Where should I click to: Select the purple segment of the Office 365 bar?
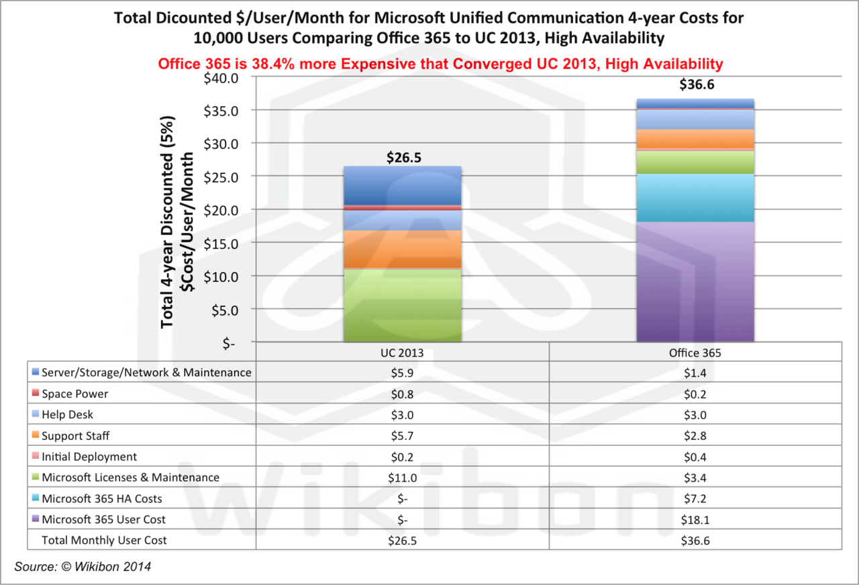pyautogui.click(x=695, y=281)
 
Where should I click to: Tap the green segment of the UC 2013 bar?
pyautogui.click(x=402, y=306)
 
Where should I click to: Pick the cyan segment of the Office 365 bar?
pyautogui.click(x=695, y=198)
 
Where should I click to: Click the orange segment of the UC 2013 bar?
pyautogui.click(x=402, y=249)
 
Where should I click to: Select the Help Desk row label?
pyautogui.click(x=67, y=415)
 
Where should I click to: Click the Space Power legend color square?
pyautogui.click(x=35, y=393)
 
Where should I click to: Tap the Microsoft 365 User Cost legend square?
pyautogui.click(x=35, y=519)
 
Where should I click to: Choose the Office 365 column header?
pyautogui.click(x=695, y=352)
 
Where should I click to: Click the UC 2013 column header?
pyautogui.click(x=402, y=352)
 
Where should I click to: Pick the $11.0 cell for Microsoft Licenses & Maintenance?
pyautogui.click(x=402, y=478)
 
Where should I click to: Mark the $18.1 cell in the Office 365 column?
pyautogui.click(x=695, y=519)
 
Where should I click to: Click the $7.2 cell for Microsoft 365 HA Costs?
pyautogui.click(x=695, y=498)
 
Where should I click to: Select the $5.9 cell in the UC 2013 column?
pyautogui.click(x=402, y=372)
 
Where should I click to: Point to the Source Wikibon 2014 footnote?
pyautogui.click(x=83, y=567)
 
